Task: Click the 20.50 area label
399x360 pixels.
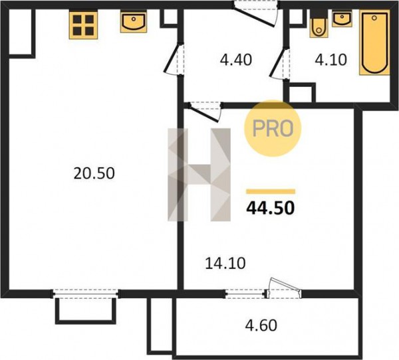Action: point(94,173)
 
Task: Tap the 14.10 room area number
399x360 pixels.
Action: point(225,263)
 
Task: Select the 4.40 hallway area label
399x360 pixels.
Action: point(236,60)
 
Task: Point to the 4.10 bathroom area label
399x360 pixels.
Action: point(331,60)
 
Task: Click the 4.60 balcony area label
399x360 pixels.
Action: point(261,325)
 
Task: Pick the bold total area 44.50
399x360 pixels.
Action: point(271,208)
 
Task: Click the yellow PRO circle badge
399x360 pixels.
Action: point(273,128)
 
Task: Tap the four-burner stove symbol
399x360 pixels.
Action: point(83,25)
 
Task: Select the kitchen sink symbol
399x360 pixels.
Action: point(134,22)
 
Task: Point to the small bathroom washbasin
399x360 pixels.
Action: point(342,19)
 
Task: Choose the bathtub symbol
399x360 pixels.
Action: point(374,43)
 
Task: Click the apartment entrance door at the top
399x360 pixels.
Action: point(257,14)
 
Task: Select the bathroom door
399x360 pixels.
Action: point(279,63)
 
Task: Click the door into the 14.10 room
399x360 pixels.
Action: point(205,112)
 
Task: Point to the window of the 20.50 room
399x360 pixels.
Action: point(86,294)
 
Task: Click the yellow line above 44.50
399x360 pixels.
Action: point(271,191)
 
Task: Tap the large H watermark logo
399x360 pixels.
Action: point(199,175)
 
